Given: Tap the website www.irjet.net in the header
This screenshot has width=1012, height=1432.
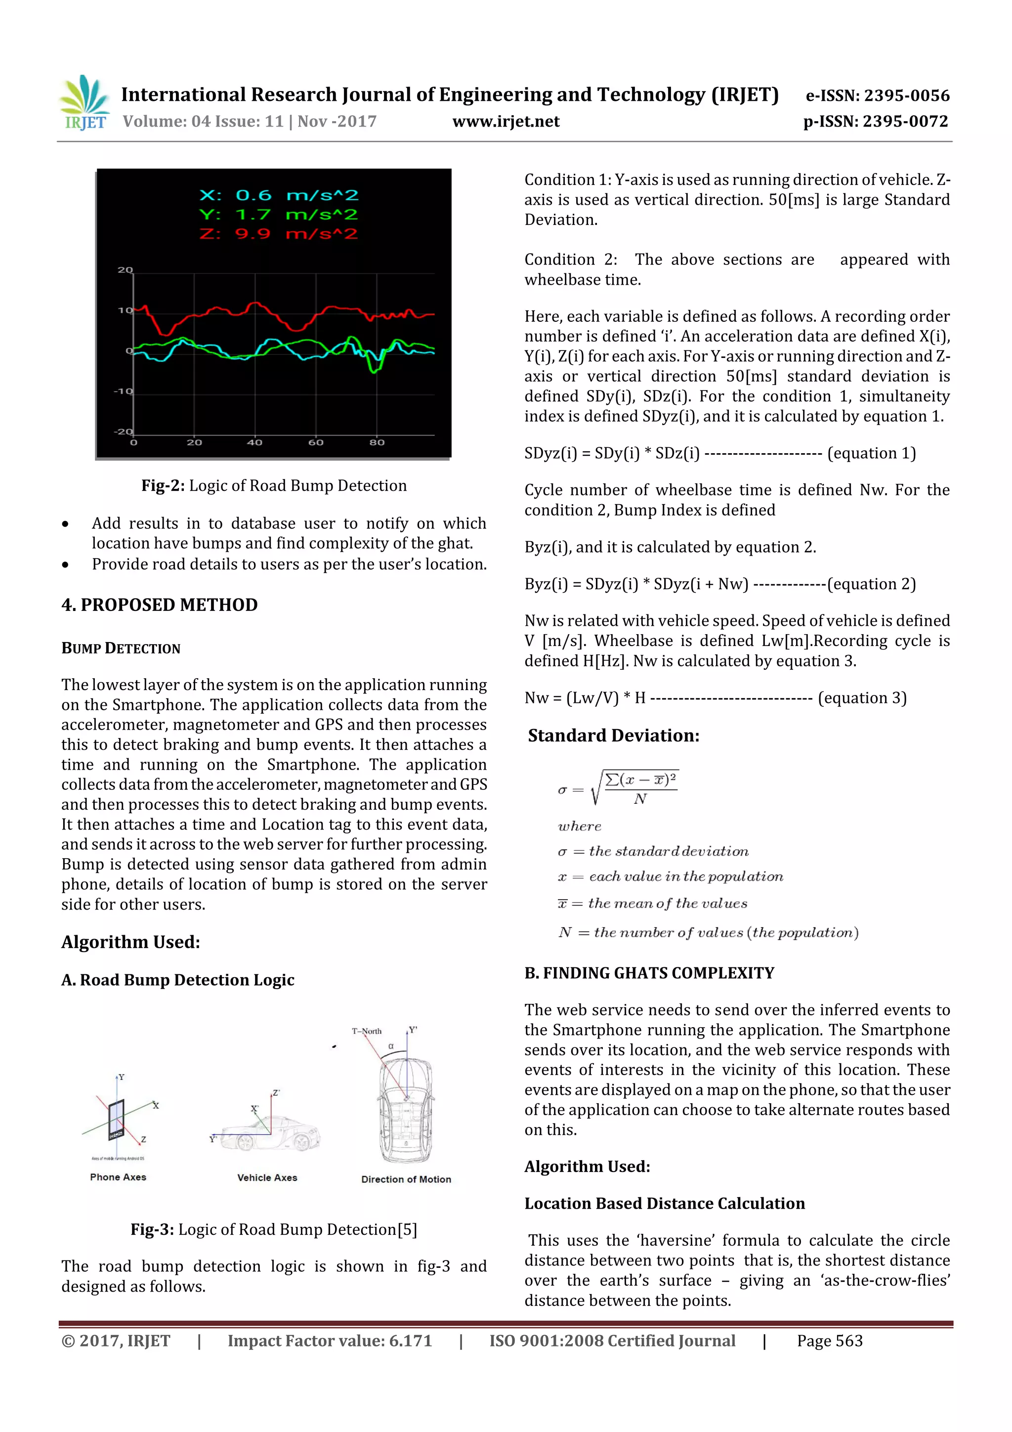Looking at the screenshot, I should (x=506, y=122).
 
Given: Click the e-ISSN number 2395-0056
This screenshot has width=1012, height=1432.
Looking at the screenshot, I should (x=906, y=95).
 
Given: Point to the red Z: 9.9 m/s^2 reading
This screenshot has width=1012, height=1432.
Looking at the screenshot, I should (x=278, y=234).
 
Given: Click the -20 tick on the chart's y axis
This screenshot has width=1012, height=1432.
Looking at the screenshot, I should (x=124, y=432).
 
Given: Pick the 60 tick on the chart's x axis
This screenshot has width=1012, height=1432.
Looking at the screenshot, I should (x=316, y=442).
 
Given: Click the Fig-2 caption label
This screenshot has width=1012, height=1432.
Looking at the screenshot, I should (x=163, y=486).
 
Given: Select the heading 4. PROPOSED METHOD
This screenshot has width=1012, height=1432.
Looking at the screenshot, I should (x=159, y=605).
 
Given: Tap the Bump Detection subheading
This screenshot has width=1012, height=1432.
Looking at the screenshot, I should (x=121, y=649).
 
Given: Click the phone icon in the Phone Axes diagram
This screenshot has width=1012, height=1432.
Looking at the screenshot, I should (x=117, y=1120).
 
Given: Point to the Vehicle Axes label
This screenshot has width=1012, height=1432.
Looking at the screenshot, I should (x=267, y=1177).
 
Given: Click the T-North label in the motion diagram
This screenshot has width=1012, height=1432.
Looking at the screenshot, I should (x=366, y=1031).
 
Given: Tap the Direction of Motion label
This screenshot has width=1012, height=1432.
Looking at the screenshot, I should (x=406, y=1179).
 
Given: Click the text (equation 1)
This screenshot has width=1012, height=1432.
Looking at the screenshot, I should (x=871, y=453).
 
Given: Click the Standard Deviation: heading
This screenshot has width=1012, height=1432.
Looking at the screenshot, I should (x=614, y=736).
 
